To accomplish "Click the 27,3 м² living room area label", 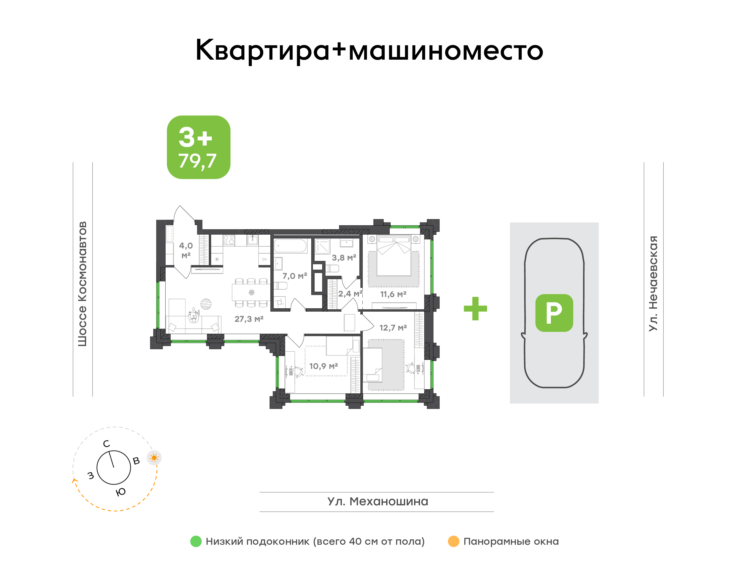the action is (249, 319).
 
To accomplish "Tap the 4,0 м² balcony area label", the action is (186, 250).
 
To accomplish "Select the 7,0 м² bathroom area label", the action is (295, 276).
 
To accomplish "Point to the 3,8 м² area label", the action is (344, 258).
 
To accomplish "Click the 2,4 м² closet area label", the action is (350, 293).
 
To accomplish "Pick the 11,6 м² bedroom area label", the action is (393, 294).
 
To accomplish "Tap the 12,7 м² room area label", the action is (393, 328).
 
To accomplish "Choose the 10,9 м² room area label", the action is (324, 366).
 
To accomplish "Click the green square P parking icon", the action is (554, 313).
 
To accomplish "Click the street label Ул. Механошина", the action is (378, 501).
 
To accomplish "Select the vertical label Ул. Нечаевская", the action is (653, 283).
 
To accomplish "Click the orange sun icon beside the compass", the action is (154, 458).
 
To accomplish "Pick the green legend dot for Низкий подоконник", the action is (196, 541).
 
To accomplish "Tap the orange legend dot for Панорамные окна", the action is (454, 541).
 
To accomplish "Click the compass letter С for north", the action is (107, 444).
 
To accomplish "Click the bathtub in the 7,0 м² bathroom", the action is (290, 246).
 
